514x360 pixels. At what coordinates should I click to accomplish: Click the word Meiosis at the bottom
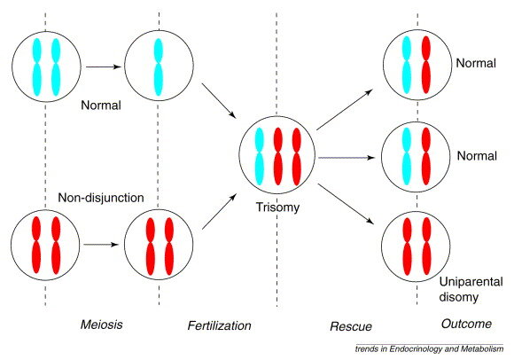pyautogui.click(x=102, y=325)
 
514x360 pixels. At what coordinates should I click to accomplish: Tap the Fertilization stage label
pyautogui.click(x=219, y=325)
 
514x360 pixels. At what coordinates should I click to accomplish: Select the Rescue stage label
pyautogui.click(x=351, y=326)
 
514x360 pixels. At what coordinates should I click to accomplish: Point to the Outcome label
pyautogui.click(x=466, y=324)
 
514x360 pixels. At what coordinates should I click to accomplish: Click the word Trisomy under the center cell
pyautogui.click(x=277, y=207)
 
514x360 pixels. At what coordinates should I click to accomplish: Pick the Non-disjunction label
pyautogui.click(x=101, y=198)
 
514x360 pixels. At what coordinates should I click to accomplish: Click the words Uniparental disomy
pyautogui.click(x=471, y=290)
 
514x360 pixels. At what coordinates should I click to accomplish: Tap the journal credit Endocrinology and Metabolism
pyautogui.click(x=446, y=348)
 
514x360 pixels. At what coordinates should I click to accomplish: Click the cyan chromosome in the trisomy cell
pyautogui.click(x=259, y=156)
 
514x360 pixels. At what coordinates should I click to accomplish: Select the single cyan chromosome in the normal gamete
pyautogui.click(x=159, y=67)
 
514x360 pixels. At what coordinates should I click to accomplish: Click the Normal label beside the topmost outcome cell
pyautogui.click(x=476, y=63)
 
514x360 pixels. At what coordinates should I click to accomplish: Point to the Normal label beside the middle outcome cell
pyautogui.click(x=477, y=156)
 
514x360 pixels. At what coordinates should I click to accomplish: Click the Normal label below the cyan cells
pyautogui.click(x=101, y=106)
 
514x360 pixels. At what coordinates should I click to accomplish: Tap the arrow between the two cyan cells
pyautogui.click(x=104, y=67)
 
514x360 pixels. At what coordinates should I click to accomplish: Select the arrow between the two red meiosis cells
pyautogui.click(x=101, y=245)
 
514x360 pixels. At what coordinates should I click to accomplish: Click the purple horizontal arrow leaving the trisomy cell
pyautogui.click(x=347, y=158)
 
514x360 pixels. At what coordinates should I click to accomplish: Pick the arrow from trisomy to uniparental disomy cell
pyautogui.click(x=346, y=204)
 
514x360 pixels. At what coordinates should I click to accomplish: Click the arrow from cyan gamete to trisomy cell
pyautogui.click(x=219, y=101)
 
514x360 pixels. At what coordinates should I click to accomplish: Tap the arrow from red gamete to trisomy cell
pyautogui.click(x=219, y=211)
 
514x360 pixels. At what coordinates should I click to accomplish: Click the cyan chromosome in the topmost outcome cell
pyautogui.click(x=406, y=65)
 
